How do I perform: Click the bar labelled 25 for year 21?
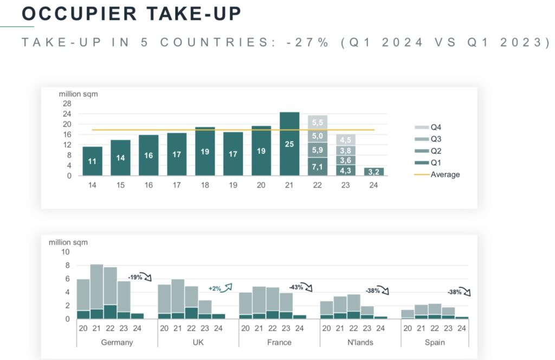tap(289, 144)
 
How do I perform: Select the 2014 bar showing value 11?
tap(92, 161)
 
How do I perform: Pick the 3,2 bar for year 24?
tap(374, 172)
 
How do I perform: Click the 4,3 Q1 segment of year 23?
tap(346, 170)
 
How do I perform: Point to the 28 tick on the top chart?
tap(67, 104)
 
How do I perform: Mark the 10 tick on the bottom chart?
tap(65, 252)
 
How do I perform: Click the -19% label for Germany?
tap(135, 277)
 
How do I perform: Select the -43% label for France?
tap(295, 286)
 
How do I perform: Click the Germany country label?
tap(117, 343)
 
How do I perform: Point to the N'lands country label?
tap(360, 343)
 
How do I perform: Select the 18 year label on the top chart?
tap(205, 185)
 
